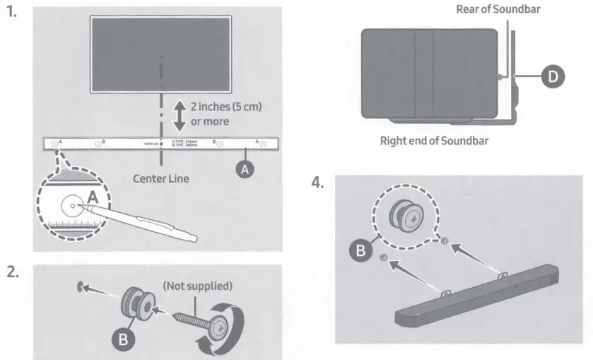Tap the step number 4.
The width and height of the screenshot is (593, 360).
pos(318,182)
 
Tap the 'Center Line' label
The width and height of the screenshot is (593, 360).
pos(161,178)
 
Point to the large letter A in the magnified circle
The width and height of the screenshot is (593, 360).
pos(94,195)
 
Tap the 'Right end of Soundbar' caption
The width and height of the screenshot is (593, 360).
pos(434,140)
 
